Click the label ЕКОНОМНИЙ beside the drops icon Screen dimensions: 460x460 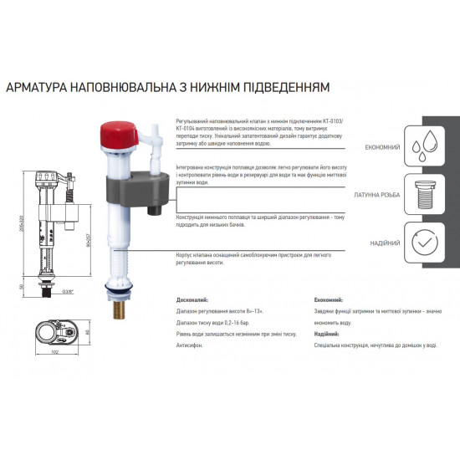(381, 147)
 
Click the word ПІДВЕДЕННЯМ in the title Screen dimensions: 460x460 (280, 86)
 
